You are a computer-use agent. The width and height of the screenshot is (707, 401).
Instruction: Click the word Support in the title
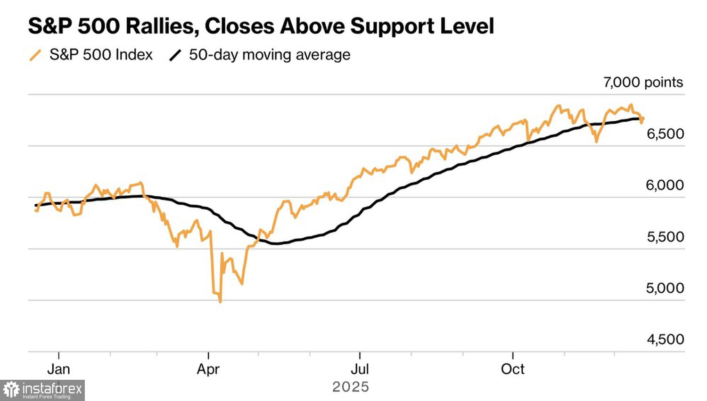pyautogui.click(x=391, y=26)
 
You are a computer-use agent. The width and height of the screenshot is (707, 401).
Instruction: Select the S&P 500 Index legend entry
pyautogui.click(x=101, y=55)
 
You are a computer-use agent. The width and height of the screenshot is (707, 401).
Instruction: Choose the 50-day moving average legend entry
pyautogui.click(x=270, y=55)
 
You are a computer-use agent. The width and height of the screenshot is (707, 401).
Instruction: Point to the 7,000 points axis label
pyautogui.click(x=643, y=82)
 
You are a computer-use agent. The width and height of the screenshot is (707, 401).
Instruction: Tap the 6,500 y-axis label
pyautogui.click(x=665, y=134)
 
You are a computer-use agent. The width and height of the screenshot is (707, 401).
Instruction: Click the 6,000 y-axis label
pyautogui.click(x=665, y=185)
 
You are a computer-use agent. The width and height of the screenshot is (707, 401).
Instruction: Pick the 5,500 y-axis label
pyautogui.click(x=665, y=237)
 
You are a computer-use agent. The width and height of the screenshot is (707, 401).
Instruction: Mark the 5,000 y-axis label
pyautogui.click(x=665, y=288)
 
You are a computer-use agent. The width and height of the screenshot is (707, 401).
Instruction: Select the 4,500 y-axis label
pyautogui.click(x=665, y=339)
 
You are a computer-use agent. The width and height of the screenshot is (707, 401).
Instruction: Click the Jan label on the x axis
pyautogui.click(x=58, y=369)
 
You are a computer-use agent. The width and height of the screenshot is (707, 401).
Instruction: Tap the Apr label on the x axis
pyautogui.click(x=208, y=369)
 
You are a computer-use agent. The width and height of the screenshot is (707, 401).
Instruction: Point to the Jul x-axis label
pyautogui.click(x=360, y=369)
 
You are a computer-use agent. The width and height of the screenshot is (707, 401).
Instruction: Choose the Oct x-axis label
pyautogui.click(x=512, y=369)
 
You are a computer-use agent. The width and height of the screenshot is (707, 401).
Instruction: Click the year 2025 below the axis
pyautogui.click(x=351, y=387)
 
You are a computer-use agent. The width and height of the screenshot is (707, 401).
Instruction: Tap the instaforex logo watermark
pyautogui.click(x=42, y=390)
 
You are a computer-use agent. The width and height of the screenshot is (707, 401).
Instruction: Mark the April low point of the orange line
pyautogui.click(x=220, y=301)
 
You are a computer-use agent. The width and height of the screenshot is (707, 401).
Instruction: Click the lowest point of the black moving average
pyautogui.click(x=275, y=243)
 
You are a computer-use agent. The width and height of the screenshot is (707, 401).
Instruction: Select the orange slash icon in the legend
pyautogui.click(x=35, y=55)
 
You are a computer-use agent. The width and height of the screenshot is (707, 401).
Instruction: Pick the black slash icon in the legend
pyautogui.click(x=175, y=55)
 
